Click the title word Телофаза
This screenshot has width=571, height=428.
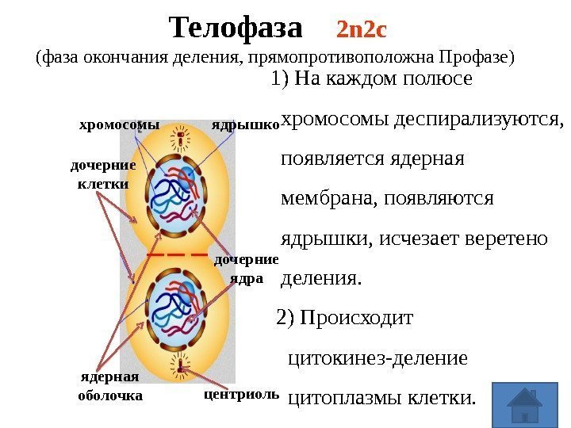pos(236,29)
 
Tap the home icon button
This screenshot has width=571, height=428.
pos(523,405)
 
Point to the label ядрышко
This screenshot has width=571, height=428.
pos(245,124)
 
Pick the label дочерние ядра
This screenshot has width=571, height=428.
pos(247,269)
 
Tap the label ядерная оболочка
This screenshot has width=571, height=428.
pos(109,385)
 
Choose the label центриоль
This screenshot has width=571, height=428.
pos(242,393)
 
